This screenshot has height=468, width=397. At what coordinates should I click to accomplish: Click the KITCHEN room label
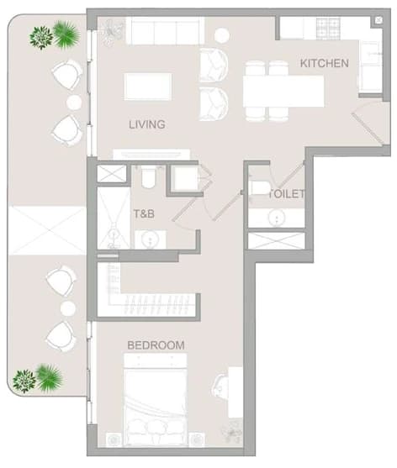[x=325, y=63]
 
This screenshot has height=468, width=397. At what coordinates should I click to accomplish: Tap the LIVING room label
[x=147, y=124]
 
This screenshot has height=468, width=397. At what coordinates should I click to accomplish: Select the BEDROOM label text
[x=156, y=345]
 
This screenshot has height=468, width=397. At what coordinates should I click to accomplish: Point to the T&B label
[x=144, y=213]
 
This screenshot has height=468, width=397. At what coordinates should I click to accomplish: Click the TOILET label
[x=287, y=194]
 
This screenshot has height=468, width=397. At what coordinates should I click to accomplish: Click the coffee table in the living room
[x=148, y=87]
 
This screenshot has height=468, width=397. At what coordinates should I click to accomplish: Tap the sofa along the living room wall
[x=165, y=30]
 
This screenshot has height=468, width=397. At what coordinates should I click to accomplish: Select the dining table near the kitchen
[x=283, y=91]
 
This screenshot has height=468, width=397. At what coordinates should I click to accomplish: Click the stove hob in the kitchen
[x=328, y=29]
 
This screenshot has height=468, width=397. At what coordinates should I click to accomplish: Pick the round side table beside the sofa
[x=222, y=35]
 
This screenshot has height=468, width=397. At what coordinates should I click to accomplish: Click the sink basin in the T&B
[x=151, y=239]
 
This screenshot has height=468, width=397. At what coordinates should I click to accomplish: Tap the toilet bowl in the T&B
[x=148, y=178]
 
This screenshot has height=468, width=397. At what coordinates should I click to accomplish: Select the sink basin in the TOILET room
[x=277, y=218]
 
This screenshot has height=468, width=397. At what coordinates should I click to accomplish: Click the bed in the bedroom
[x=156, y=400]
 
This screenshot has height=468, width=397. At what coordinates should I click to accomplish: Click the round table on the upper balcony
[x=74, y=103]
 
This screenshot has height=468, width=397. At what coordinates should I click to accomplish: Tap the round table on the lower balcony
[x=68, y=308]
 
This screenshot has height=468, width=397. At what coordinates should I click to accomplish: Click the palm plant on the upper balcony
[x=66, y=34]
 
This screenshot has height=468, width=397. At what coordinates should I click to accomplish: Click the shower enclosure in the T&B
[x=114, y=218]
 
